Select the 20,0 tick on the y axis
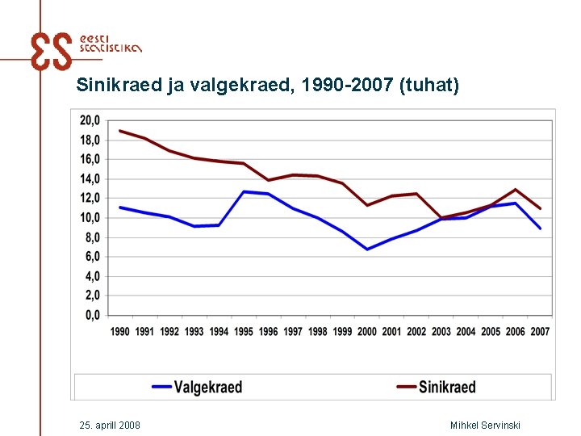point(90,120)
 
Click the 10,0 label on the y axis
point(90,218)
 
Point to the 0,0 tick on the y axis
point(92,316)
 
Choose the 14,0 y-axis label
point(90,179)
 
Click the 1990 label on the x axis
point(120,332)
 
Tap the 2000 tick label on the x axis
point(367,332)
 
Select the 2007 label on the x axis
point(540,332)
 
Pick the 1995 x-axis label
point(244,332)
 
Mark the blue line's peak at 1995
point(244,191)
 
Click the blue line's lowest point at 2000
point(367,249)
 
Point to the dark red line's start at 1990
point(120,131)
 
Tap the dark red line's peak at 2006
point(515,190)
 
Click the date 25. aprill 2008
point(111,425)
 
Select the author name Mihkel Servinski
point(485,425)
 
